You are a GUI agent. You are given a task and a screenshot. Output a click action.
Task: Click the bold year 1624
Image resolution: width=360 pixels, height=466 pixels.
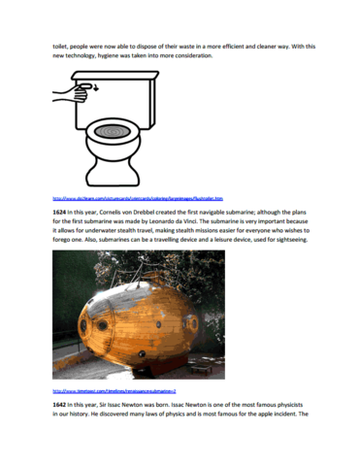click(x=62, y=211)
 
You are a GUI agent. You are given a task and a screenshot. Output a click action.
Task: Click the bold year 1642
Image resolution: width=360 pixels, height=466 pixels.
click(x=62, y=404)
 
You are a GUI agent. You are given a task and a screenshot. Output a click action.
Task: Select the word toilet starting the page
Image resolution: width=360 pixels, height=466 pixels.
click(x=60, y=45)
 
